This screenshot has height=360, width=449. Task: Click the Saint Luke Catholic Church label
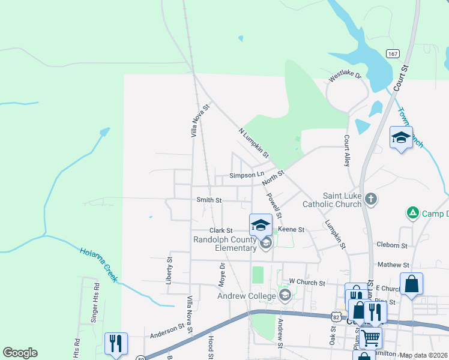click(342, 200)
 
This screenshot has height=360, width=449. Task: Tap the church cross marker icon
click(371, 200)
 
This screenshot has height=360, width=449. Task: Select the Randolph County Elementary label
click(224, 244)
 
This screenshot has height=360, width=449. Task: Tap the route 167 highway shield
click(393, 53)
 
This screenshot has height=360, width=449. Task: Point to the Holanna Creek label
click(98, 264)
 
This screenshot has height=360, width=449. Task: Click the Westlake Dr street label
click(345, 77)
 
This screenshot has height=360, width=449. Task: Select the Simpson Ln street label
click(247, 175)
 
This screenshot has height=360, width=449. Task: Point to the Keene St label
click(291, 229)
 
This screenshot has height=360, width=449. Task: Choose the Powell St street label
click(274, 205)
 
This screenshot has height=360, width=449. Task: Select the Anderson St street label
click(167, 329)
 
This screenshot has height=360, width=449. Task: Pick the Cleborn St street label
click(392, 245)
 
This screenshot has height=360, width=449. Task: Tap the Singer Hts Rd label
click(95, 308)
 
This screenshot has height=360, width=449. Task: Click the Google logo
click(20, 353)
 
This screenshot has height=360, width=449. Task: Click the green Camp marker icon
click(412, 212)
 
